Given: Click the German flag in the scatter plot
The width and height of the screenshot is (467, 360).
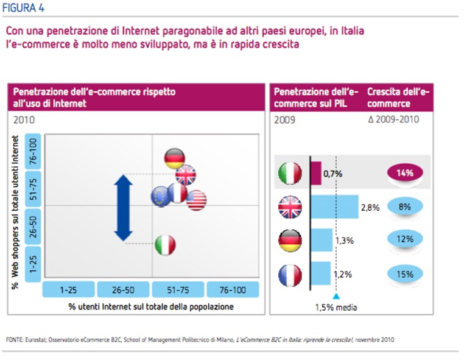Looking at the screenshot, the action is (x=175, y=158).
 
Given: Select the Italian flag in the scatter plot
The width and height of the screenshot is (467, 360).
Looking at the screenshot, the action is (x=165, y=245).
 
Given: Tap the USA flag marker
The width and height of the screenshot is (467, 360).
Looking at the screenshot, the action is (x=197, y=200).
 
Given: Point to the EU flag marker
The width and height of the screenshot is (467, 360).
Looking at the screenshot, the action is (x=160, y=197).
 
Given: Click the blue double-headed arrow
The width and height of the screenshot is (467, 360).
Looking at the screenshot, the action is (x=124, y=208).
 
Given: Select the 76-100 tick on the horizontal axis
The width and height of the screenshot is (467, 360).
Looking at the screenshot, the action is (x=233, y=290).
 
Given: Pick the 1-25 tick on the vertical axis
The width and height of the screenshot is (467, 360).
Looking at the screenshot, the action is (x=33, y=264).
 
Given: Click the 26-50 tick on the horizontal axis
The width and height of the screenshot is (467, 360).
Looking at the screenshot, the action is (x=124, y=290).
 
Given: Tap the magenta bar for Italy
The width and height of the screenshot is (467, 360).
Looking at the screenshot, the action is (x=316, y=173).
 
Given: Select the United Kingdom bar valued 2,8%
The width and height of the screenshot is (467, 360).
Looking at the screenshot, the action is (x=335, y=207).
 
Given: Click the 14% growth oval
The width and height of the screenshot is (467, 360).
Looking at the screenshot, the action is (x=405, y=173).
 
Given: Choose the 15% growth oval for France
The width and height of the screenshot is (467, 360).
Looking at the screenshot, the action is (x=405, y=274).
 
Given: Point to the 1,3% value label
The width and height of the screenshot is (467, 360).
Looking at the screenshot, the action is (x=345, y=241).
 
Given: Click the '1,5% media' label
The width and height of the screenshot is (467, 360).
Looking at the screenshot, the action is (x=336, y=307).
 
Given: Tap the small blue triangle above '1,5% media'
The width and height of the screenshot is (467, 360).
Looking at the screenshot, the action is (x=336, y=296).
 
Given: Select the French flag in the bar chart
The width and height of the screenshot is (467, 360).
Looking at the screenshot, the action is (x=290, y=275).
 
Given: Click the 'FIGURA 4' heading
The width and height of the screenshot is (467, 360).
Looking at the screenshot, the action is (x=23, y=8).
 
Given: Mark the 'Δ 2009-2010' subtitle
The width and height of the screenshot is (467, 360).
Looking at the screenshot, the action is (x=393, y=119).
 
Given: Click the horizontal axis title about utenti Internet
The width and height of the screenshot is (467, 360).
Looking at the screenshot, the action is (x=151, y=306).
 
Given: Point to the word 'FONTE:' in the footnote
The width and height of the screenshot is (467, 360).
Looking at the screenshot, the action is (x=15, y=340).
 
